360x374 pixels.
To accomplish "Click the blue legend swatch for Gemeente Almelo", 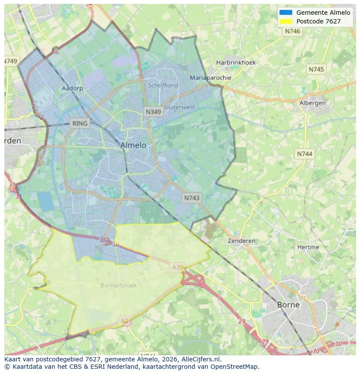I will pyautogui.click(x=286, y=13).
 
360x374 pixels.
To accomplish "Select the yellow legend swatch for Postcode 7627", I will pyautogui.click(x=286, y=21).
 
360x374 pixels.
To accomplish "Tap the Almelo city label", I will pyautogui.click(x=133, y=145).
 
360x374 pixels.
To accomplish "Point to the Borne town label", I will pyautogui.click(x=288, y=304).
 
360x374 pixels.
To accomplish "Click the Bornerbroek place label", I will pyautogui.click(x=118, y=285).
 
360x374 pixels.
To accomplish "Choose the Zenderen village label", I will pyautogui.click(x=242, y=241).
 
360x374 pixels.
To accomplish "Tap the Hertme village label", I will pyautogui.click(x=308, y=247).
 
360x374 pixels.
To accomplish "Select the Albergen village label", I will pyautogui.click(x=312, y=103).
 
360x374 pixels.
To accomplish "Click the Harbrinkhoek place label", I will pyautogui.click(x=236, y=63).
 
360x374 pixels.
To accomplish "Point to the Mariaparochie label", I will pyautogui.click(x=210, y=78).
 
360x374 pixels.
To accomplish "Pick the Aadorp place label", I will pyautogui.click(x=72, y=88).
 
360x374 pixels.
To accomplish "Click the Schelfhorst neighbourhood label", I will pyautogui.click(x=163, y=86).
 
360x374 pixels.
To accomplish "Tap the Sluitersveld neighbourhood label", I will pyautogui.click(x=180, y=107).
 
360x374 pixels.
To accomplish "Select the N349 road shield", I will pyautogui.click(x=153, y=112).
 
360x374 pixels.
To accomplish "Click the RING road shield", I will pyautogui.click(x=80, y=123).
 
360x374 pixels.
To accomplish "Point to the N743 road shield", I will pyautogui.click(x=192, y=198).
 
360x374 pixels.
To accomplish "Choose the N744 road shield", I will pyautogui.click(x=305, y=154).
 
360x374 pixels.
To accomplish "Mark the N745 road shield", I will pyautogui.click(x=316, y=70).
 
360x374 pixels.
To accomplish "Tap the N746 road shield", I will pyautogui.click(x=293, y=31).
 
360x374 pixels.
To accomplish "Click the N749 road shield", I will pyautogui.click(x=11, y=61).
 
